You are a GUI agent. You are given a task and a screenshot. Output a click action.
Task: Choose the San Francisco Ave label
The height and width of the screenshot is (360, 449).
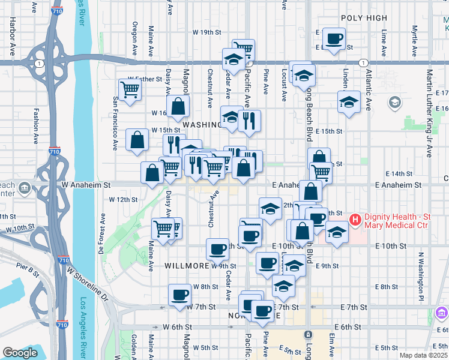pyautogui.click(x=114, y=123)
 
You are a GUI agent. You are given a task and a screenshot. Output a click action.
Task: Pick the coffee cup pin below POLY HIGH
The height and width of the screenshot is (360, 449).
pyautogui.click(x=334, y=39)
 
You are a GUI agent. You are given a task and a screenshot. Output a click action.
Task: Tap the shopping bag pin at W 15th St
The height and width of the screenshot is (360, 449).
pyautogui.click(x=137, y=140)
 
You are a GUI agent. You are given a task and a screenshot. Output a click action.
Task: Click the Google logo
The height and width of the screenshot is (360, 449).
pyautogui.click(x=20, y=353)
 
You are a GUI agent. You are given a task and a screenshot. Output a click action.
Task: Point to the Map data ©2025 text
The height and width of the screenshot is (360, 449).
pyautogui.click(x=423, y=355)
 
